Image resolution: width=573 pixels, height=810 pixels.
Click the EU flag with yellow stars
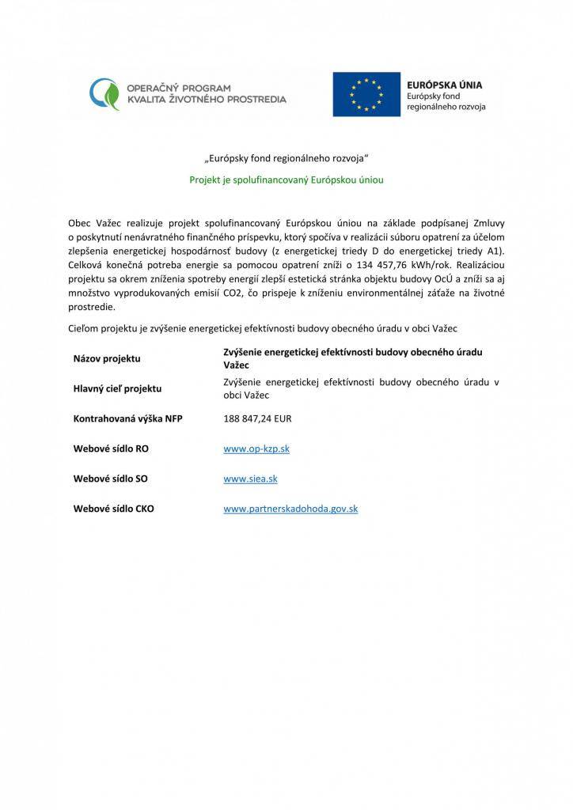[366, 94]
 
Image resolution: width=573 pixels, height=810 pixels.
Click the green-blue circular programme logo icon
[104, 94]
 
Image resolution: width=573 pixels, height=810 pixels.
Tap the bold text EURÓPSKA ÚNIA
[444, 84]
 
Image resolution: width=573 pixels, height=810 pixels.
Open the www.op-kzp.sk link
[256, 449]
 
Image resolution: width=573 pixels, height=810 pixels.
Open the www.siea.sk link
[250, 479]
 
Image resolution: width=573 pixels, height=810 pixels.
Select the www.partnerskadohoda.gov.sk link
[290, 509]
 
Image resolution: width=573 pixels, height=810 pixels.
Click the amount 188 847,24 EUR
[258, 418]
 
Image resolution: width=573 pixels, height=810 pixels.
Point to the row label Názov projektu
[107, 358]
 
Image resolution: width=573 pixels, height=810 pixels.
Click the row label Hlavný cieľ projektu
[117, 388]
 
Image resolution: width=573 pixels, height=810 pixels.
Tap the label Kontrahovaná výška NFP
[127, 418]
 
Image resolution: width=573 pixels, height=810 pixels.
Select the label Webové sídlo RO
[111, 449]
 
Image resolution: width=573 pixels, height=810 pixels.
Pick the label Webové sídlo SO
[110, 479]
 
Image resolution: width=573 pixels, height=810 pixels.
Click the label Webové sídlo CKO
[113, 509]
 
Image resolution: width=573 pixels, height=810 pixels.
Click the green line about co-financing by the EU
[286, 180]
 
